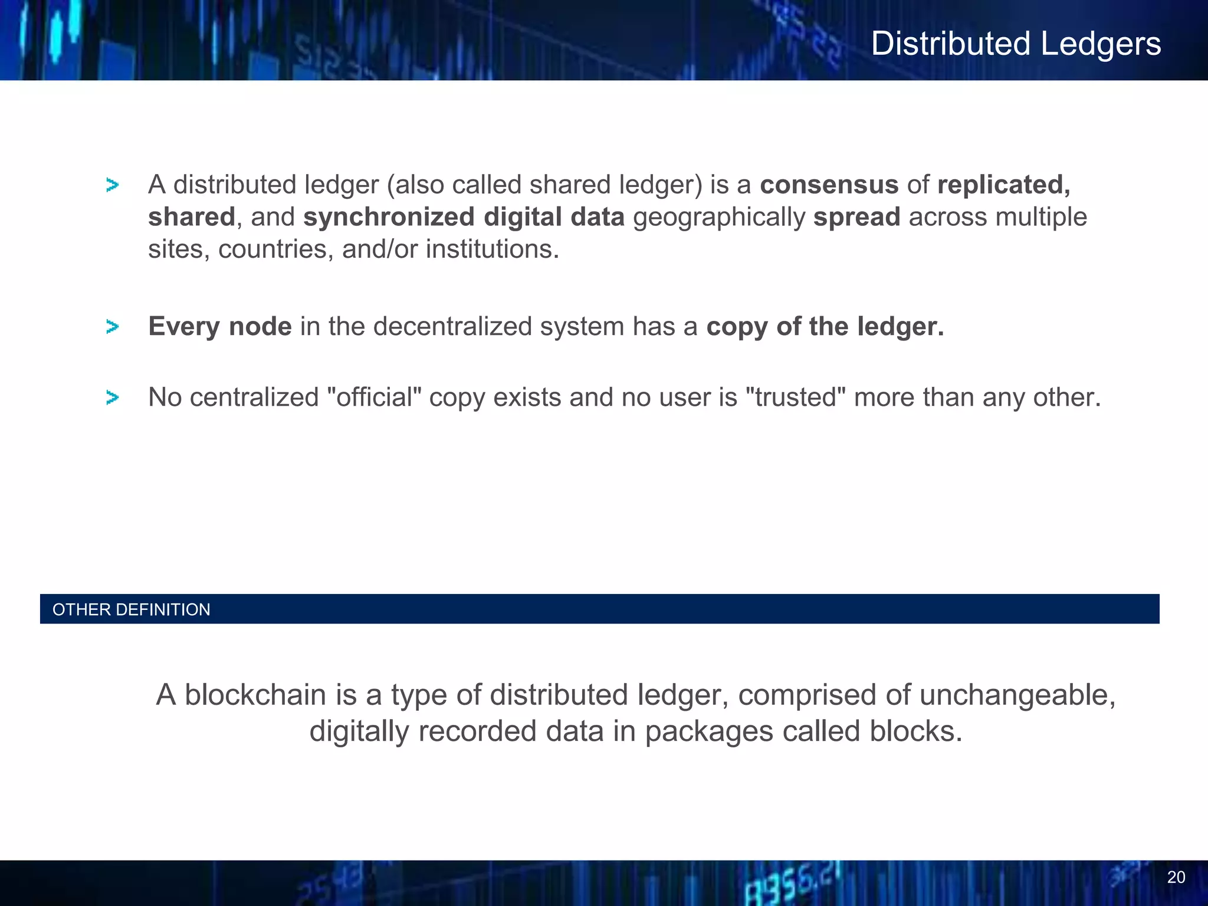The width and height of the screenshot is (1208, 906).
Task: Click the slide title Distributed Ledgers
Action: point(1016,44)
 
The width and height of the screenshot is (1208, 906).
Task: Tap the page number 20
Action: point(1176,878)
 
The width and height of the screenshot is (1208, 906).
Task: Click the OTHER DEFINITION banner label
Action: point(131,609)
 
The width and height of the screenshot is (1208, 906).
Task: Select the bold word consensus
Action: point(829,185)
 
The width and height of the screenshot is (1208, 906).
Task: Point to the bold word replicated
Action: point(1003,185)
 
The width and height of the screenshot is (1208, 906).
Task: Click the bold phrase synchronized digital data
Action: point(464,217)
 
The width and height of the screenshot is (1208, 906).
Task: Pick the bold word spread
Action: point(856,217)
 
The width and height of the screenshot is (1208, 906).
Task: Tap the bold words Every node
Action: point(220,326)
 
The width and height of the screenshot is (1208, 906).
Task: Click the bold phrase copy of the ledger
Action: point(825,326)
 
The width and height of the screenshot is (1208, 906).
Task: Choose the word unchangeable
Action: point(1017,695)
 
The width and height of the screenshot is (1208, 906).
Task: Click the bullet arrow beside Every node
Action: point(112,326)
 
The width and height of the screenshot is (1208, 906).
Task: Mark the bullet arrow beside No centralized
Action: point(112,398)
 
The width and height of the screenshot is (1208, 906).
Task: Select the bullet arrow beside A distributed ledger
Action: point(112,185)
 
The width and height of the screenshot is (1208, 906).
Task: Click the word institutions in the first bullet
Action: point(492,249)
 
